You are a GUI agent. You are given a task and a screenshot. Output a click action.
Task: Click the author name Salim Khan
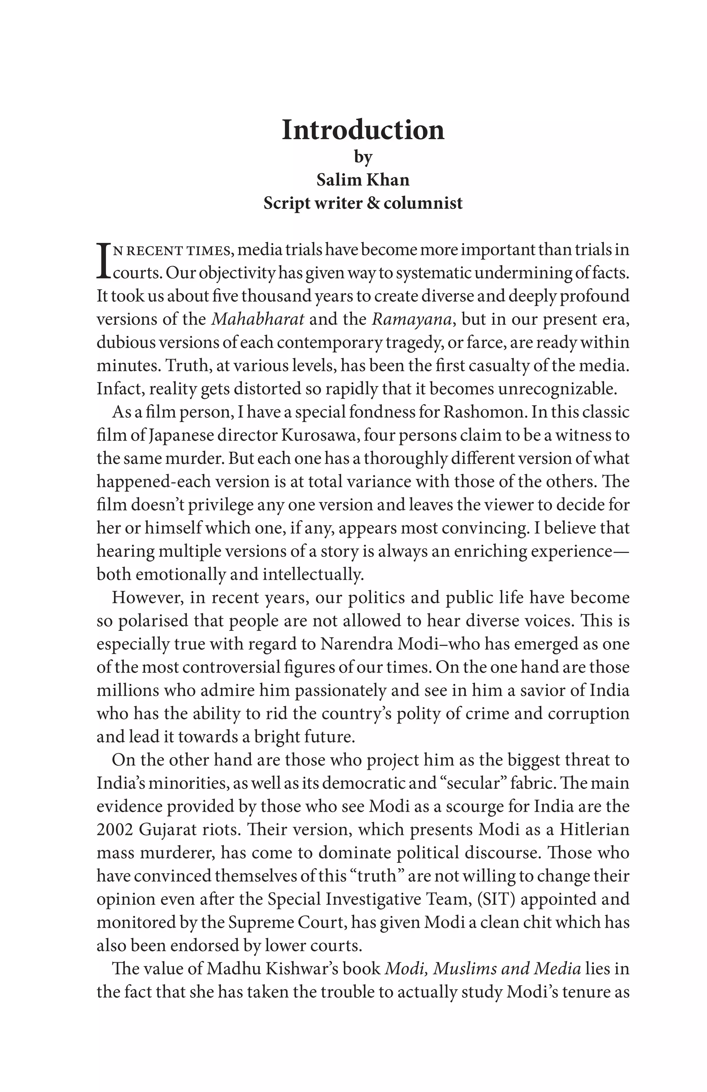click(362, 180)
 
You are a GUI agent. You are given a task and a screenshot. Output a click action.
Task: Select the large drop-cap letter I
click(104, 261)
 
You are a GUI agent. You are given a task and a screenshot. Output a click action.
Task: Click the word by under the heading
click(362, 157)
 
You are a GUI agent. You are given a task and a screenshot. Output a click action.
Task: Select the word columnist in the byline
click(423, 203)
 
